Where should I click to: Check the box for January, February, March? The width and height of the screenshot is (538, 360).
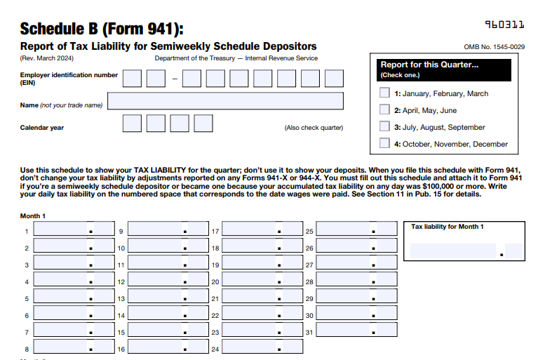pyautogui.click(x=384, y=93)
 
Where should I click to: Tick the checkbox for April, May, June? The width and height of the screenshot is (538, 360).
pyautogui.click(x=384, y=109)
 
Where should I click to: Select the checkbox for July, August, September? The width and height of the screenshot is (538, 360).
pyautogui.click(x=384, y=126)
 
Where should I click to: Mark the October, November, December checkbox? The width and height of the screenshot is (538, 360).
pyautogui.click(x=384, y=143)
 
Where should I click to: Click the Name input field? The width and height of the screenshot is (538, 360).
pyautogui.click(x=225, y=101)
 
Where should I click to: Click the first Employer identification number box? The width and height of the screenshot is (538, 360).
pyautogui.click(x=132, y=78)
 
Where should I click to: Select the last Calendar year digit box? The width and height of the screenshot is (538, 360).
pyautogui.click(x=203, y=124)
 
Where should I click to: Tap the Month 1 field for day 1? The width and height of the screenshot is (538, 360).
pyautogui.click(x=74, y=229)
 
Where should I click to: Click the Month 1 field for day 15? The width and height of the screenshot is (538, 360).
pyautogui.click(x=168, y=331)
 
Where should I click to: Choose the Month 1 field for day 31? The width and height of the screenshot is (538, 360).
pyautogui.click(x=357, y=331)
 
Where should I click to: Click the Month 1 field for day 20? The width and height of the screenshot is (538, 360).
pyautogui.click(x=262, y=281)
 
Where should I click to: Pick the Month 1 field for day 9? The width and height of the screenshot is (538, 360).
pyautogui.click(x=168, y=229)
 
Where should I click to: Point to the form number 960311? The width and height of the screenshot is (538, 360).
pyautogui.click(x=504, y=25)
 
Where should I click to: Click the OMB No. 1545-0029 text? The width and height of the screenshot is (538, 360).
pyautogui.click(x=495, y=46)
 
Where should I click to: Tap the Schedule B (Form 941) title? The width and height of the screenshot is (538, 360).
pyautogui.click(x=102, y=29)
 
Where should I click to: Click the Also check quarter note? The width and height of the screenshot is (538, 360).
pyautogui.click(x=314, y=128)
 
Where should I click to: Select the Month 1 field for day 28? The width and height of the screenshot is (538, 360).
pyautogui.click(x=357, y=281)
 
